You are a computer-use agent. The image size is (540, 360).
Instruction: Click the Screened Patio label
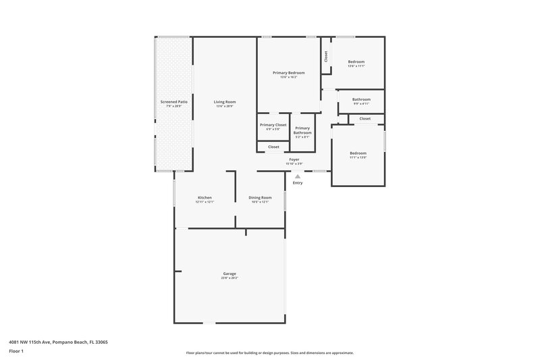(x=173, y=101)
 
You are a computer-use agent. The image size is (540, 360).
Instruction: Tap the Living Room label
(x=225, y=101)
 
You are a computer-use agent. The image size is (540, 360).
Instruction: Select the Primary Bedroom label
(x=288, y=72)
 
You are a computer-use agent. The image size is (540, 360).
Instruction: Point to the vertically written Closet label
(x=326, y=57)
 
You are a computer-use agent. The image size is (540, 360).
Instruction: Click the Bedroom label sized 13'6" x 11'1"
(x=356, y=61)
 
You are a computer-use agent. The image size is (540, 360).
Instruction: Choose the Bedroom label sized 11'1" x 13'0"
(x=358, y=153)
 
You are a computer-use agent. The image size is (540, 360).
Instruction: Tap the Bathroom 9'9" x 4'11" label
(x=361, y=99)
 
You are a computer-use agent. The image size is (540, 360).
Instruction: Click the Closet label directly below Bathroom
(x=364, y=119)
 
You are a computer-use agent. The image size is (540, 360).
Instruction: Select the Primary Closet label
(x=273, y=125)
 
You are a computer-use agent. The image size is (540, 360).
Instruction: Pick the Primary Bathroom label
(x=302, y=130)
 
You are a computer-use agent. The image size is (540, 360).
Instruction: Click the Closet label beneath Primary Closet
(x=273, y=147)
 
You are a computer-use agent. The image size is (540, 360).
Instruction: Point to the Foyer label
(x=294, y=159)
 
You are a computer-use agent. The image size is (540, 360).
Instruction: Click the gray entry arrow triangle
(x=298, y=176)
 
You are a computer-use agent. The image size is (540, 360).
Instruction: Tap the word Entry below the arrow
(x=298, y=183)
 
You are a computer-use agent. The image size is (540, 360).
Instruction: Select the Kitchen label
(x=205, y=197)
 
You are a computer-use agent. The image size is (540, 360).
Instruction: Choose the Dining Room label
(x=260, y=197)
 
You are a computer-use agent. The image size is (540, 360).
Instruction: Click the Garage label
(x=230, y=274)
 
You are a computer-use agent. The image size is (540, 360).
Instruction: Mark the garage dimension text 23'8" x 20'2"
(x=230, y=278)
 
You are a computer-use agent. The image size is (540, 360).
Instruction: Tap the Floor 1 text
(x=16, y=352)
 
